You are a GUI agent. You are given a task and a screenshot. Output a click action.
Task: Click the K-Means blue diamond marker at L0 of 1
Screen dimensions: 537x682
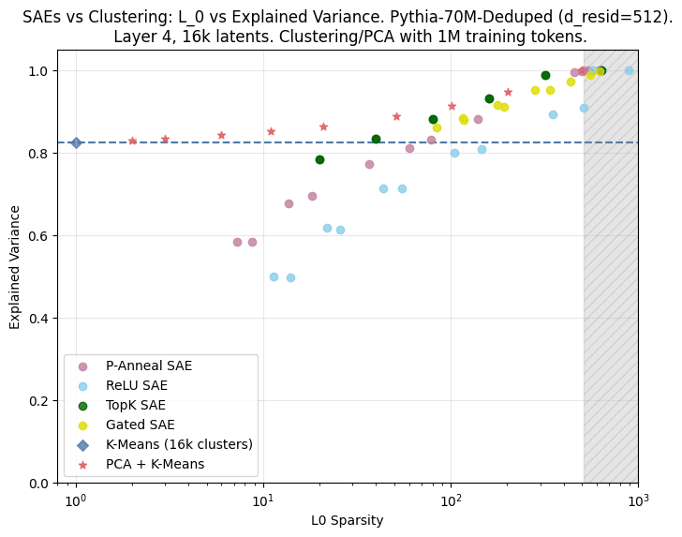76,142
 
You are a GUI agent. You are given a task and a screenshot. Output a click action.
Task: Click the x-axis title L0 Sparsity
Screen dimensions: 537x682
348,520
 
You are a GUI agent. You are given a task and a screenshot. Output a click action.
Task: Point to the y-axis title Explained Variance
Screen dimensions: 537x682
15,276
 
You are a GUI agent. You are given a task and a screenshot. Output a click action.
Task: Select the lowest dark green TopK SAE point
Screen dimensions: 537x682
319,159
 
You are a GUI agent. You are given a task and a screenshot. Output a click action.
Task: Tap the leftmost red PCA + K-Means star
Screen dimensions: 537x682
132,141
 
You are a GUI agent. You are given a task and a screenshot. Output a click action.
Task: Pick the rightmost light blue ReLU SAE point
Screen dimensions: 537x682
629,70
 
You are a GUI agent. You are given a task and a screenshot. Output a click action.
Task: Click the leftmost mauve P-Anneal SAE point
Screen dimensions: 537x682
237,242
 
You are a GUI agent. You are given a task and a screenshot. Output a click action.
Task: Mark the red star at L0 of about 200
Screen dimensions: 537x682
508,92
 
